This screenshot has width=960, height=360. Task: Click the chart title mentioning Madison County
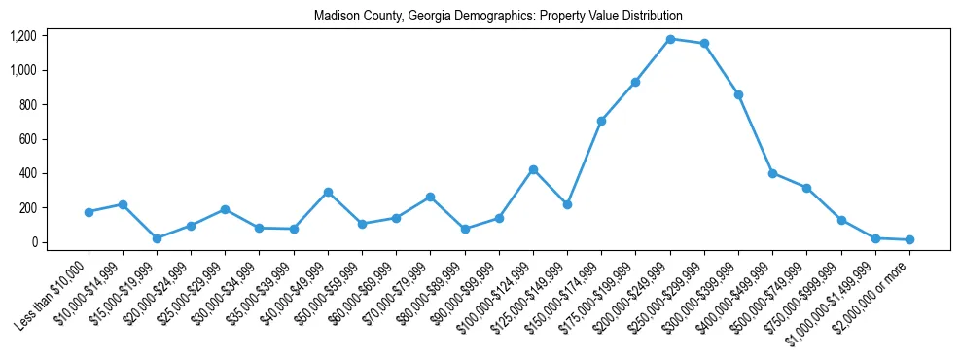[x=498, y=17]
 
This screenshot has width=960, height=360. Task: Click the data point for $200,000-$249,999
[x=670, y=39]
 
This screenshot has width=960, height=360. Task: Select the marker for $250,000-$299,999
[x=704, y=44]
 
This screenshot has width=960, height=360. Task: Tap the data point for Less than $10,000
[x=89, y=212]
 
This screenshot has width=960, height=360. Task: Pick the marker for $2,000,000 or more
[x=909, y=239]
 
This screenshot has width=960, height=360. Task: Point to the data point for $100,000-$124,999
[x=533, y=169]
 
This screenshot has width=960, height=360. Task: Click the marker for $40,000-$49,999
[x=328, y=192]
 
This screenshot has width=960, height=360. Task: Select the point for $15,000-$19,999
[x=157, y=238]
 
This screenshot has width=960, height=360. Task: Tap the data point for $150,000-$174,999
[x=601, y=121]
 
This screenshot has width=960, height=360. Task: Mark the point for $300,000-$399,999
[x=738, y=94]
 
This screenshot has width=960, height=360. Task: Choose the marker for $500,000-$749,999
[x=806, y=188]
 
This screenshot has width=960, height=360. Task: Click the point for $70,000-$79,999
[x=430, y=197]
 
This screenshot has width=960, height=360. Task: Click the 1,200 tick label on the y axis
[x=22, y=36]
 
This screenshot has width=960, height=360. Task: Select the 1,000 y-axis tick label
[x=22, y=70]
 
